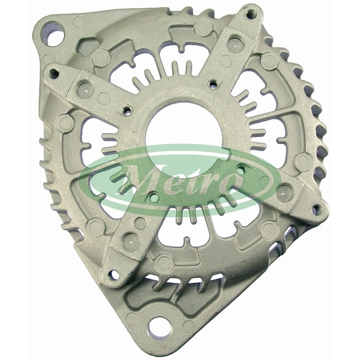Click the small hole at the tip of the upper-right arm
point(251,14)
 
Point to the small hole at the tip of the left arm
point(53,73)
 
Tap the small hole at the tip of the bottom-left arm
point(114,275)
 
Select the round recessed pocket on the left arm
point(85,89)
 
